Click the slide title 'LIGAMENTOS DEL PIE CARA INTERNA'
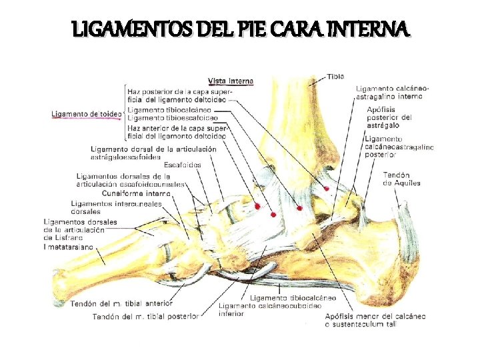(240, 29)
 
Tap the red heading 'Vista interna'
(231, 81)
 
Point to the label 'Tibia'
(336, 77)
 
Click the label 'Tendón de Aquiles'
(401, 179)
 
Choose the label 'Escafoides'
(182, 165)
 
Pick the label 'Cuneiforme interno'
(141, 193)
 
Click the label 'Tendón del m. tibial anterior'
(116, 303)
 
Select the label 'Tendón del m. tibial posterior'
(145, 316)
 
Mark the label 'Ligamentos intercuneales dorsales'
(116, 207)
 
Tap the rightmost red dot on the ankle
(327, 189)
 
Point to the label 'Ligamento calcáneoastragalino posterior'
(399, 147)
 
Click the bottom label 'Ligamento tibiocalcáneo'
(293, 297)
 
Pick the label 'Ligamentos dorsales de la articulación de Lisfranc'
(80, 230)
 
